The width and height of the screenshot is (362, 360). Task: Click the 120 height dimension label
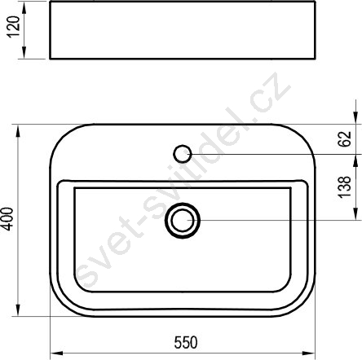(13, 27)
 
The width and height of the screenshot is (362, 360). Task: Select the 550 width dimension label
(186, 342)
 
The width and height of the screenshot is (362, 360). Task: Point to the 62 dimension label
(345, 139)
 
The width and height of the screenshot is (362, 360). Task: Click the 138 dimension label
(345, 187)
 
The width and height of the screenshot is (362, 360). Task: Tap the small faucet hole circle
(183, 154)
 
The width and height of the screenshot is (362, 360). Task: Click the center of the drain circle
(183, 220)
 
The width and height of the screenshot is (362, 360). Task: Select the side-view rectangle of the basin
(183, 30)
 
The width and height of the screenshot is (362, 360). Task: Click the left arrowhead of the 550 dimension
(56, 353)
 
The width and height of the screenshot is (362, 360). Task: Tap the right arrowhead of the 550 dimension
(308, 353)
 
